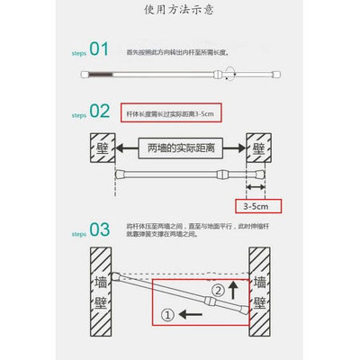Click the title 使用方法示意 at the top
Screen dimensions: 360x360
181,11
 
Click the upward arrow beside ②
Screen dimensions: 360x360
237,290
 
